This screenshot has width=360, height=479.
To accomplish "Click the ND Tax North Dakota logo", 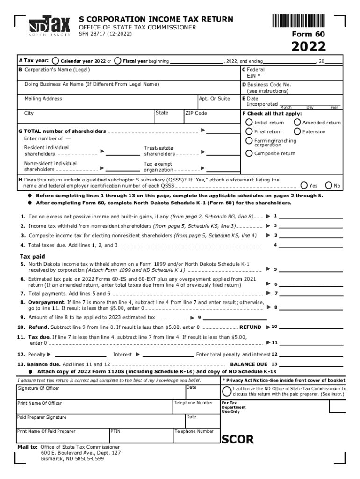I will (x=49, y=27).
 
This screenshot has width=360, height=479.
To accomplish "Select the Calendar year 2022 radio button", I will (x=56, y=61).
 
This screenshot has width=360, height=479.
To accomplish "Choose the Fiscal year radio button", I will (x=118, y=61).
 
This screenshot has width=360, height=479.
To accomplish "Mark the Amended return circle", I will (x=297, y=123).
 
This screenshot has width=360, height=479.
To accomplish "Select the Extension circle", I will (x=297, y=131).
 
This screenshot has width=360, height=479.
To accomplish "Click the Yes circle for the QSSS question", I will (x=304, y=185).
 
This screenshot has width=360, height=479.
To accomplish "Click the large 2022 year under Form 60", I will (x=309, y=47).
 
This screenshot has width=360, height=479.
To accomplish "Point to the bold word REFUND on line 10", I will (x=250, y=327).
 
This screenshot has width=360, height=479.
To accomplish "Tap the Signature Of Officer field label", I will (x=38, y=388).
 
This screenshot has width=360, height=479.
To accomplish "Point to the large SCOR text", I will (x=238, y=440).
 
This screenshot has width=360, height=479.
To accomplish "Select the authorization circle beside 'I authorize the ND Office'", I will (x=227, y=391).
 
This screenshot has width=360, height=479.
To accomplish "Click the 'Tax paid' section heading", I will (x=32, y=256).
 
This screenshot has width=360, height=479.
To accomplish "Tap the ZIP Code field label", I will (x=196, y=113).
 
